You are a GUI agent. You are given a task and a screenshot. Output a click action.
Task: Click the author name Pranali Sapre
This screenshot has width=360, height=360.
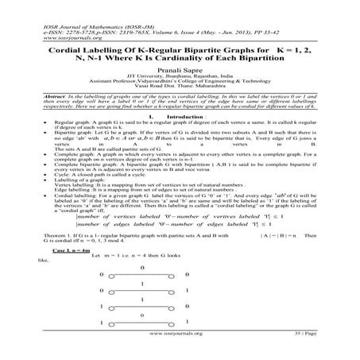pyautogui.click(x=179, y=72)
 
